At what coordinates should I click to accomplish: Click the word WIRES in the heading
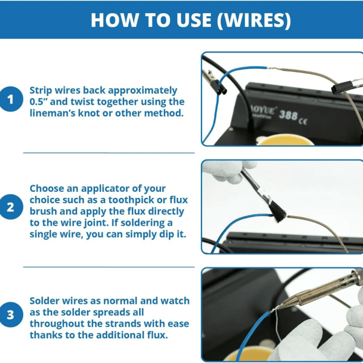(x=254, y=20)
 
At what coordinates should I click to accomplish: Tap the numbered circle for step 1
(x=11, y=99)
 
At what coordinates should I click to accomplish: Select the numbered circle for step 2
(x=11, y=207)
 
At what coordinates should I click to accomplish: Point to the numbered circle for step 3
(x=11, y=315)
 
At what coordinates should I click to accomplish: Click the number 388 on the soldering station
(x=288, y=116)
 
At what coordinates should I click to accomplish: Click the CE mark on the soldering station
(x=303, y=121)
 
